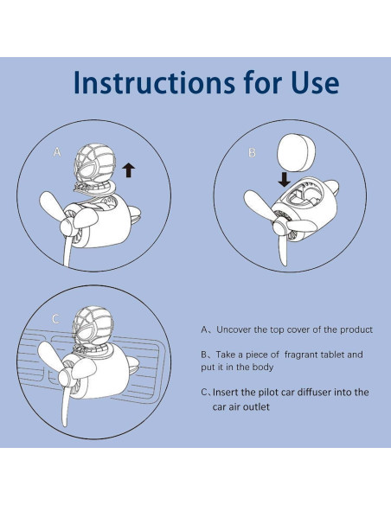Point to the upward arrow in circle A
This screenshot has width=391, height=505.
pyautogui.click(x=129, y=170)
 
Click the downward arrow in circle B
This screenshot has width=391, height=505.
pyautogui.click(x=284, y=180)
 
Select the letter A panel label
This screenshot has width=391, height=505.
pyautogui.click(x=57, y=152)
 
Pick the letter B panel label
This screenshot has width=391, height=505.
pyautogui.click(x=253, y=152)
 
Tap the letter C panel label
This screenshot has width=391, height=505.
pyautogui.click(x=55, y=319)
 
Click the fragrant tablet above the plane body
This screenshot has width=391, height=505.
pyautogui.click(x=296, y=153)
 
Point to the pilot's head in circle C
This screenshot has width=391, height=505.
pyautogui.click(x=93, y=326)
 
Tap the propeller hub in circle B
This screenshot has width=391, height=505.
pyautogui.click(x=280, y=227)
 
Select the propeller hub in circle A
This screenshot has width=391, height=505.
pyautogui.click(x=68, y=226)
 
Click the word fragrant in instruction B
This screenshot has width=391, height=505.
pyautogui.click(x=303, y=355)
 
